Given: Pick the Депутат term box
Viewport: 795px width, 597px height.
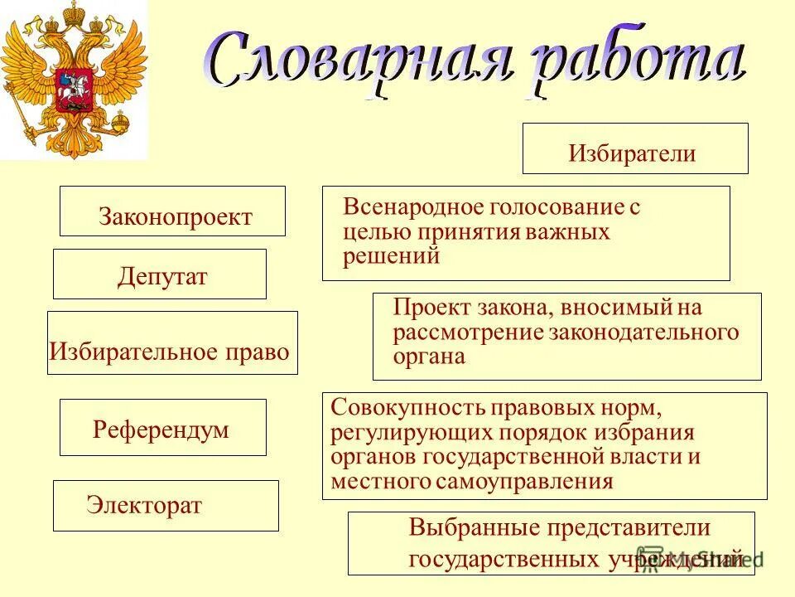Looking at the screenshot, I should [160, 274].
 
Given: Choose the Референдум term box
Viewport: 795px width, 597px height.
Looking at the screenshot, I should [163, 428].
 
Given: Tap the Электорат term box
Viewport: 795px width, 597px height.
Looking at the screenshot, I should [166, 506].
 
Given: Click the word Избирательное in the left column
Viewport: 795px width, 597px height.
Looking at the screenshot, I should [129, 352].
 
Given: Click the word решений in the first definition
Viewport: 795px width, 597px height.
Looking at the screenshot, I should [391, 256].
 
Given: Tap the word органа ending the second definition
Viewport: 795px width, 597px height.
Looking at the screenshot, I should [430, 357].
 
